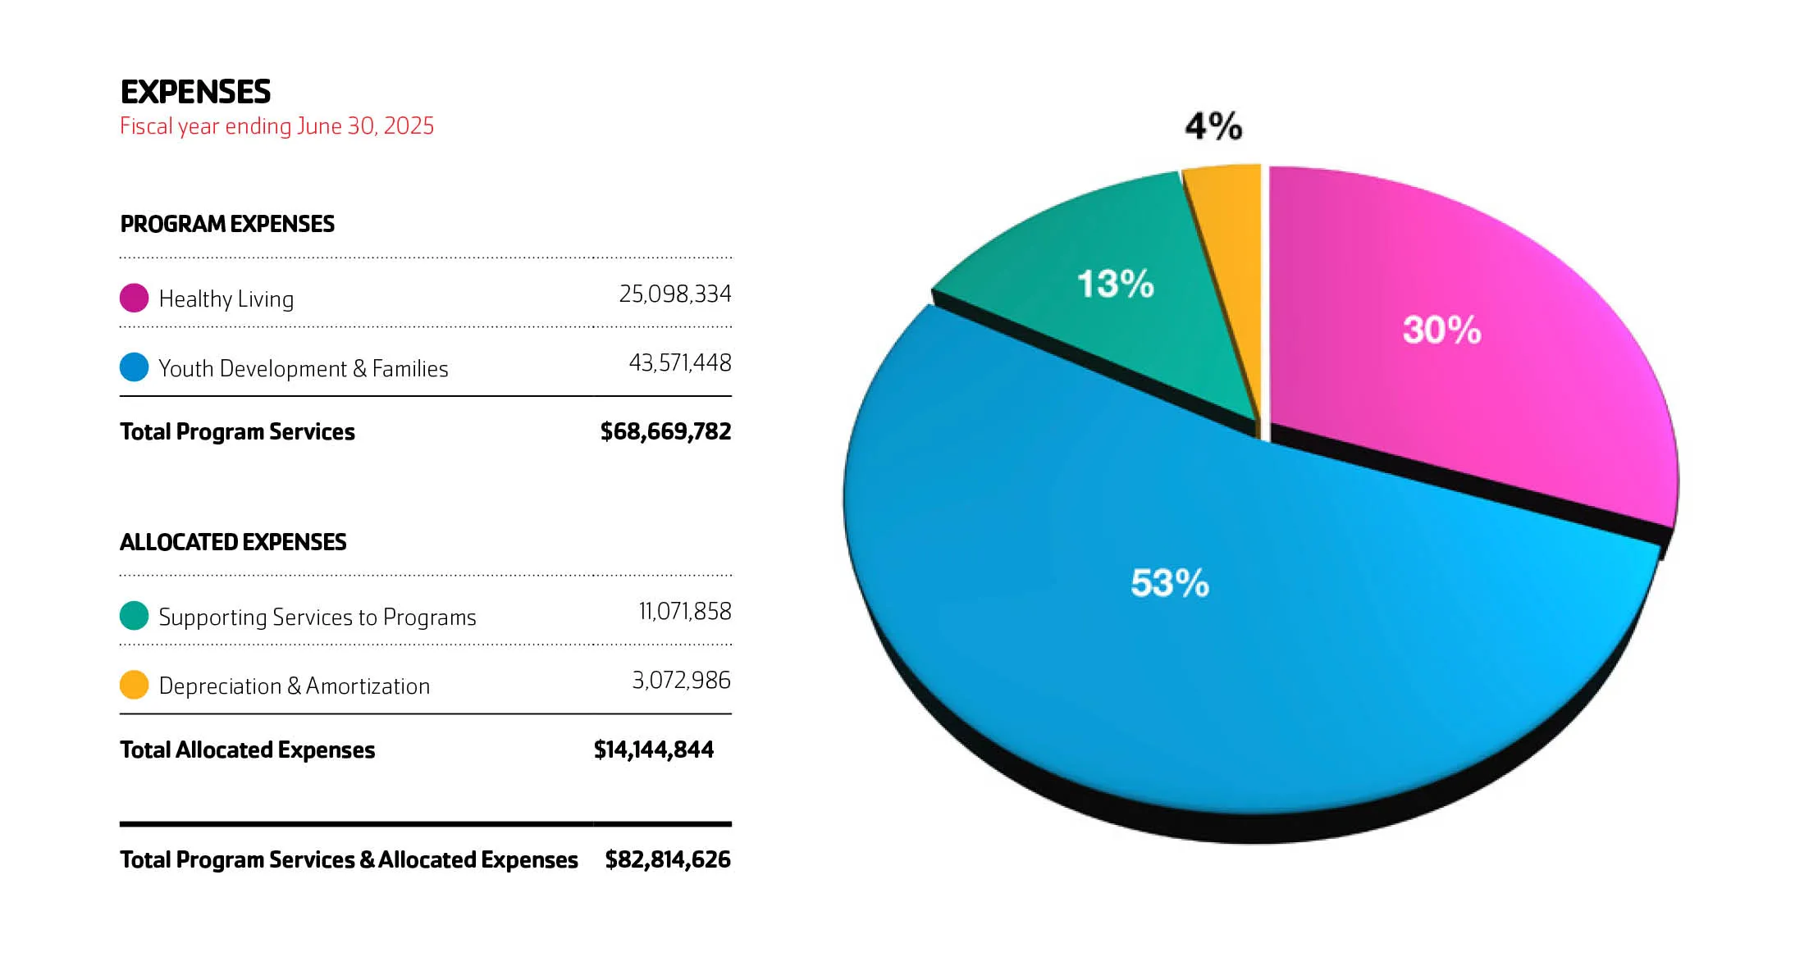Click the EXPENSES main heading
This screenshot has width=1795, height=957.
(195, 92)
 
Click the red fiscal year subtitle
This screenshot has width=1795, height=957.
(276, 126)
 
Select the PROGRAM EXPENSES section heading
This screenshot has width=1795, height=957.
(227, 224)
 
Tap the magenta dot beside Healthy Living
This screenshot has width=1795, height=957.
(134, 298)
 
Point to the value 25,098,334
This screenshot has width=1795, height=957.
(674, 294)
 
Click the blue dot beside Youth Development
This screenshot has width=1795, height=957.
(134, 367)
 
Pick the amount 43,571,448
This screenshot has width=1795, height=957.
(679, 362)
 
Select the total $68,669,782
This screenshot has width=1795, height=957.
(665, 431)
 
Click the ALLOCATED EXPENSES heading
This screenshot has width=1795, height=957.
(233, 542)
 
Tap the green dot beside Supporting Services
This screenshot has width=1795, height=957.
(134, 615)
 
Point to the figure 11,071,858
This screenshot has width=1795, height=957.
(684, 611)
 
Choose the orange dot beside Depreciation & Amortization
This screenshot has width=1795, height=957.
(134, 684)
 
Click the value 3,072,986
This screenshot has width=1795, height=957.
(681, 680)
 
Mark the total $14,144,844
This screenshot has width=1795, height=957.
(653, 750)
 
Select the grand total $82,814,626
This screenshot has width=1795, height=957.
(667, 859)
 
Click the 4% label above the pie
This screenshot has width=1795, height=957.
(1213, 126)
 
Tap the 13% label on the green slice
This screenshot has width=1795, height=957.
(1115, 284)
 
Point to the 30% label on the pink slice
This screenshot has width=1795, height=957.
(1441, 330)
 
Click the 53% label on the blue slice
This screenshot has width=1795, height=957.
(1169, 583)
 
